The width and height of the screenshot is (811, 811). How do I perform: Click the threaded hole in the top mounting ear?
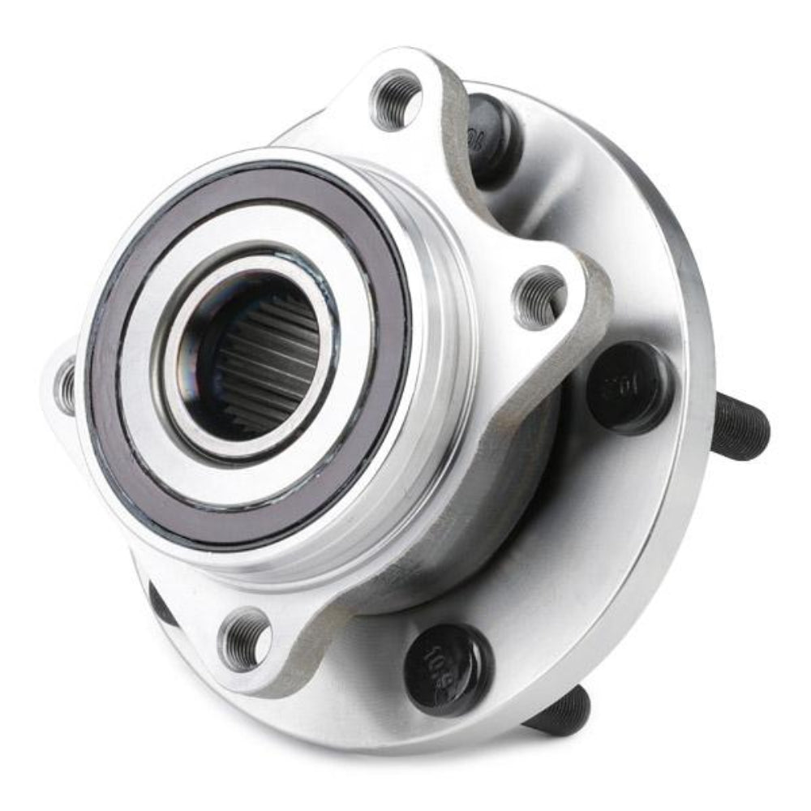point(397,99)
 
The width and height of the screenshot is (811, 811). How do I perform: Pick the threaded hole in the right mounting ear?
point(540,298)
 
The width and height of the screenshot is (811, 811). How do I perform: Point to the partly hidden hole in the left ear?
point(65,384)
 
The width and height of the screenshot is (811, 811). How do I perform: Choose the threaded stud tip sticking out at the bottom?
point(560,714)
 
